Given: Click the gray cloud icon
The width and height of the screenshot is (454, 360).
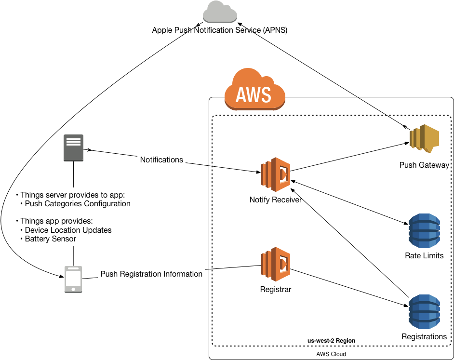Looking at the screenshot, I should point(220,12).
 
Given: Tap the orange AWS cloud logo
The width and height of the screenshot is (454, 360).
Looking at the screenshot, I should point(254,90).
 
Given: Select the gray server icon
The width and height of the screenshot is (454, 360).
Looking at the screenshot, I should point(73,147).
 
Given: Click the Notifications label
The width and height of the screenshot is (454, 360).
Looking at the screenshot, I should point(161,160).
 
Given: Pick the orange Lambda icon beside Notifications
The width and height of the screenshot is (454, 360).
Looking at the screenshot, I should point(276,174).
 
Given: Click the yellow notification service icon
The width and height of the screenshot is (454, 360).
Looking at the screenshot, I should point(424,138).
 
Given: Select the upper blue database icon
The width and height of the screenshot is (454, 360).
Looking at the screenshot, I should point(424,231).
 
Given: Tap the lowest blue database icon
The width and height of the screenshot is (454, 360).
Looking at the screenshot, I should point(424,312).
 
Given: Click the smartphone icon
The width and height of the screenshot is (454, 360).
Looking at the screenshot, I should point(73,279).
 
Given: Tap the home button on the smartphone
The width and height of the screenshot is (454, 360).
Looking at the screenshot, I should point(73,289).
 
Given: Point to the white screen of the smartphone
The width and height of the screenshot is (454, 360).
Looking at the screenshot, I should point(73,278).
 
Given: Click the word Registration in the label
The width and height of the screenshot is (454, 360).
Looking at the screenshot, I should point(142,274).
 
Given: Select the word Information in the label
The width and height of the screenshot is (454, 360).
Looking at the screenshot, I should point(183,274).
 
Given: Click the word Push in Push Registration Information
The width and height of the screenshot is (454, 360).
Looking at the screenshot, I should point(109,274).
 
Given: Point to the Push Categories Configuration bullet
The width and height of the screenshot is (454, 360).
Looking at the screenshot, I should point(78,203).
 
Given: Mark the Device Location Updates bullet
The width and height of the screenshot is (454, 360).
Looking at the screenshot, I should point(68,230).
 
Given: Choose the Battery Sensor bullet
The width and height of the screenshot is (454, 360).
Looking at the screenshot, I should point(51,239).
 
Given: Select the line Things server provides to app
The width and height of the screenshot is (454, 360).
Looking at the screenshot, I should point(72,195).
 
